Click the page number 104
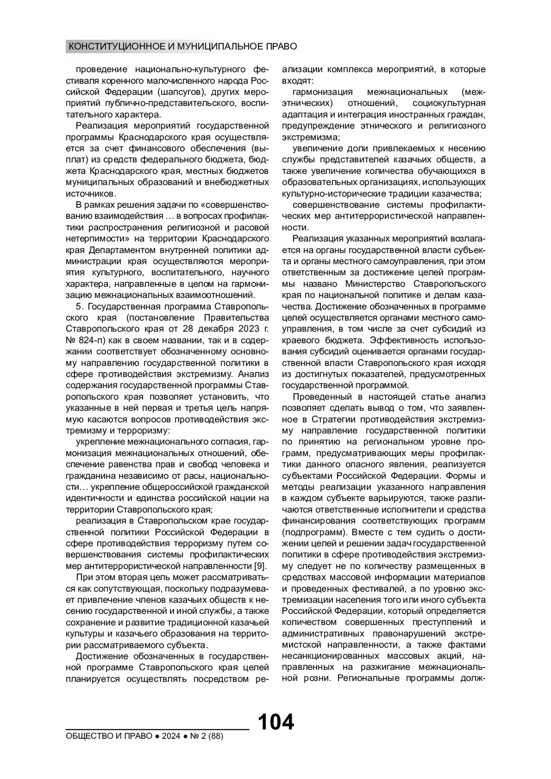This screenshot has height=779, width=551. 275,722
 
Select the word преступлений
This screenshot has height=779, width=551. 434,623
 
